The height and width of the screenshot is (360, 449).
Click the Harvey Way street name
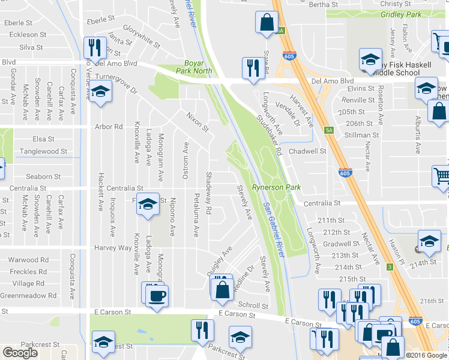[112, 248]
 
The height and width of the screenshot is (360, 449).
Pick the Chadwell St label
[307, 151]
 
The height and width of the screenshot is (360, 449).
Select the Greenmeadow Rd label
[28, 295]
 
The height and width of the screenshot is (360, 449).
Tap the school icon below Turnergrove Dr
[101, 92]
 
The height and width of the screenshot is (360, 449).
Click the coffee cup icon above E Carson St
[157, 295]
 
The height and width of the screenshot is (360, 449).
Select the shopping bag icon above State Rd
[266, 23]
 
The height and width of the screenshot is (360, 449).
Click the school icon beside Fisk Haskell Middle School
[370, 59]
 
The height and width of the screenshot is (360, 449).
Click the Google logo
[20, 353]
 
